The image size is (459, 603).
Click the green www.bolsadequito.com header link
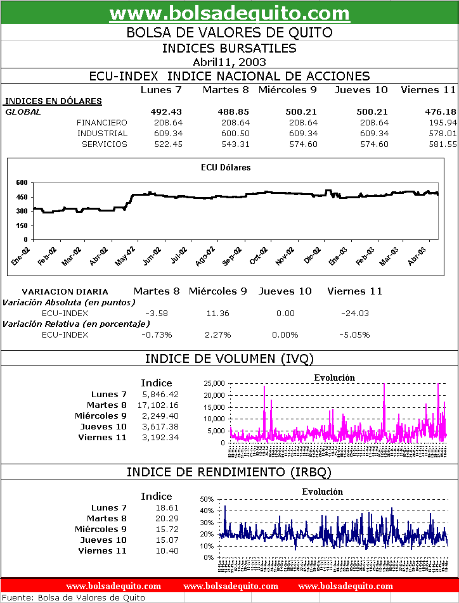[x=229, y=13]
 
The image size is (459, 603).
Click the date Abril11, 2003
[x=229, y=61]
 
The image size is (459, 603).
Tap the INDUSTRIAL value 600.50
[x=233, y=133]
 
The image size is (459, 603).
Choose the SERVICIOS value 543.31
[x=233, y=144]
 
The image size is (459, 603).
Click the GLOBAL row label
[x=23, y=111]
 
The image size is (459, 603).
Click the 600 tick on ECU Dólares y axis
[x=22, y=182]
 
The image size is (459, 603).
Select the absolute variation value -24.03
[x=354, y=313]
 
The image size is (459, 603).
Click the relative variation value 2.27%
[x=217, y=334]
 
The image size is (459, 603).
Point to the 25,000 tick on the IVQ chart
[x=213, y=383]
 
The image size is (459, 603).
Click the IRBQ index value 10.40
[x=168, y=551]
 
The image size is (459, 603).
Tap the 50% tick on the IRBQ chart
[x=207, y=499]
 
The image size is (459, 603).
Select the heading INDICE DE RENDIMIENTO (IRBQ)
[x=229, y=472]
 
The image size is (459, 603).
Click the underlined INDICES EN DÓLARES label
[x=53, y=101]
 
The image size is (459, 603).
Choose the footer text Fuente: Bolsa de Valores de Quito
[x=74, y=597]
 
